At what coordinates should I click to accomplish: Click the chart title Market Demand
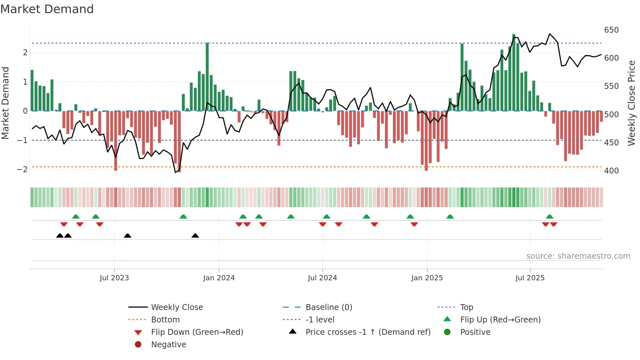coord(47,9)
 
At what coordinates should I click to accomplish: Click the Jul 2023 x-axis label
coord(114,278)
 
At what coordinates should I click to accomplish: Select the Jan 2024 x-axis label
coord(219,278)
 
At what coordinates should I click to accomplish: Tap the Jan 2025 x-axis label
coord(427,278)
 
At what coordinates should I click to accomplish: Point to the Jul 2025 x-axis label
coord(530,278)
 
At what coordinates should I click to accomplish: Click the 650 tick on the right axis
coord(611,30)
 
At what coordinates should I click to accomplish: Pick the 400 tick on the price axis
coord(611,171)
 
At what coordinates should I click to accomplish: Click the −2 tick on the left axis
coord(22,169)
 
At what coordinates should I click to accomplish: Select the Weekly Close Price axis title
coord(632,103)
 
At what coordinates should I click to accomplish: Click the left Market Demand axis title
coord(5,103)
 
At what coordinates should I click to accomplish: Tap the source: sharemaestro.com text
coord(578,256)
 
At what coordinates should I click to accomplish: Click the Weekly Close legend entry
coord(177,307)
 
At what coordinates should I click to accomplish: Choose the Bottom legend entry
coord(165,320)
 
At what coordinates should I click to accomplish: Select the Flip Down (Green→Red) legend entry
coord(197,332)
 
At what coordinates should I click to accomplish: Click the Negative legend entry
coord(168,345)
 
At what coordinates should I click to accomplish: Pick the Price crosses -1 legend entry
coord(368,332)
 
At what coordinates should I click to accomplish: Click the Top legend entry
coord(467,307)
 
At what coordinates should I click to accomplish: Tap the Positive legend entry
coord(475,332)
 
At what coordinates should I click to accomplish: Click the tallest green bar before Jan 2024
coord(207,77)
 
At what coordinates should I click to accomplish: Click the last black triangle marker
coord(195,236)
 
